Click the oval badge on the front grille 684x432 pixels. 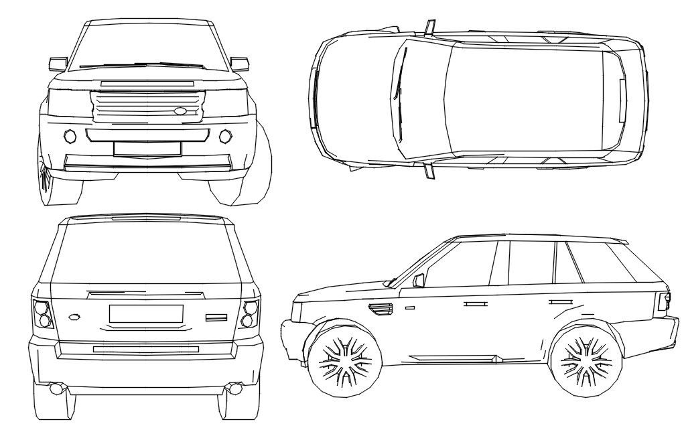coord(182,111)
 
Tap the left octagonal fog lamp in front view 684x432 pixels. coord(70,136)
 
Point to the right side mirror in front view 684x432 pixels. coord(239,64)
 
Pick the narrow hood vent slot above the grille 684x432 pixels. coord(147,82)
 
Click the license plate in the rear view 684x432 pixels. coord(146,313)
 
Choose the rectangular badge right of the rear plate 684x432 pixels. coord(217,317)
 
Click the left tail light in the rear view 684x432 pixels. coord(42,313)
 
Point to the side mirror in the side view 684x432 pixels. coord(420,279)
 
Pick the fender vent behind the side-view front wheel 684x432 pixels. coord(381,308)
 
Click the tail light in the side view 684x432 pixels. coord(664,301)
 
